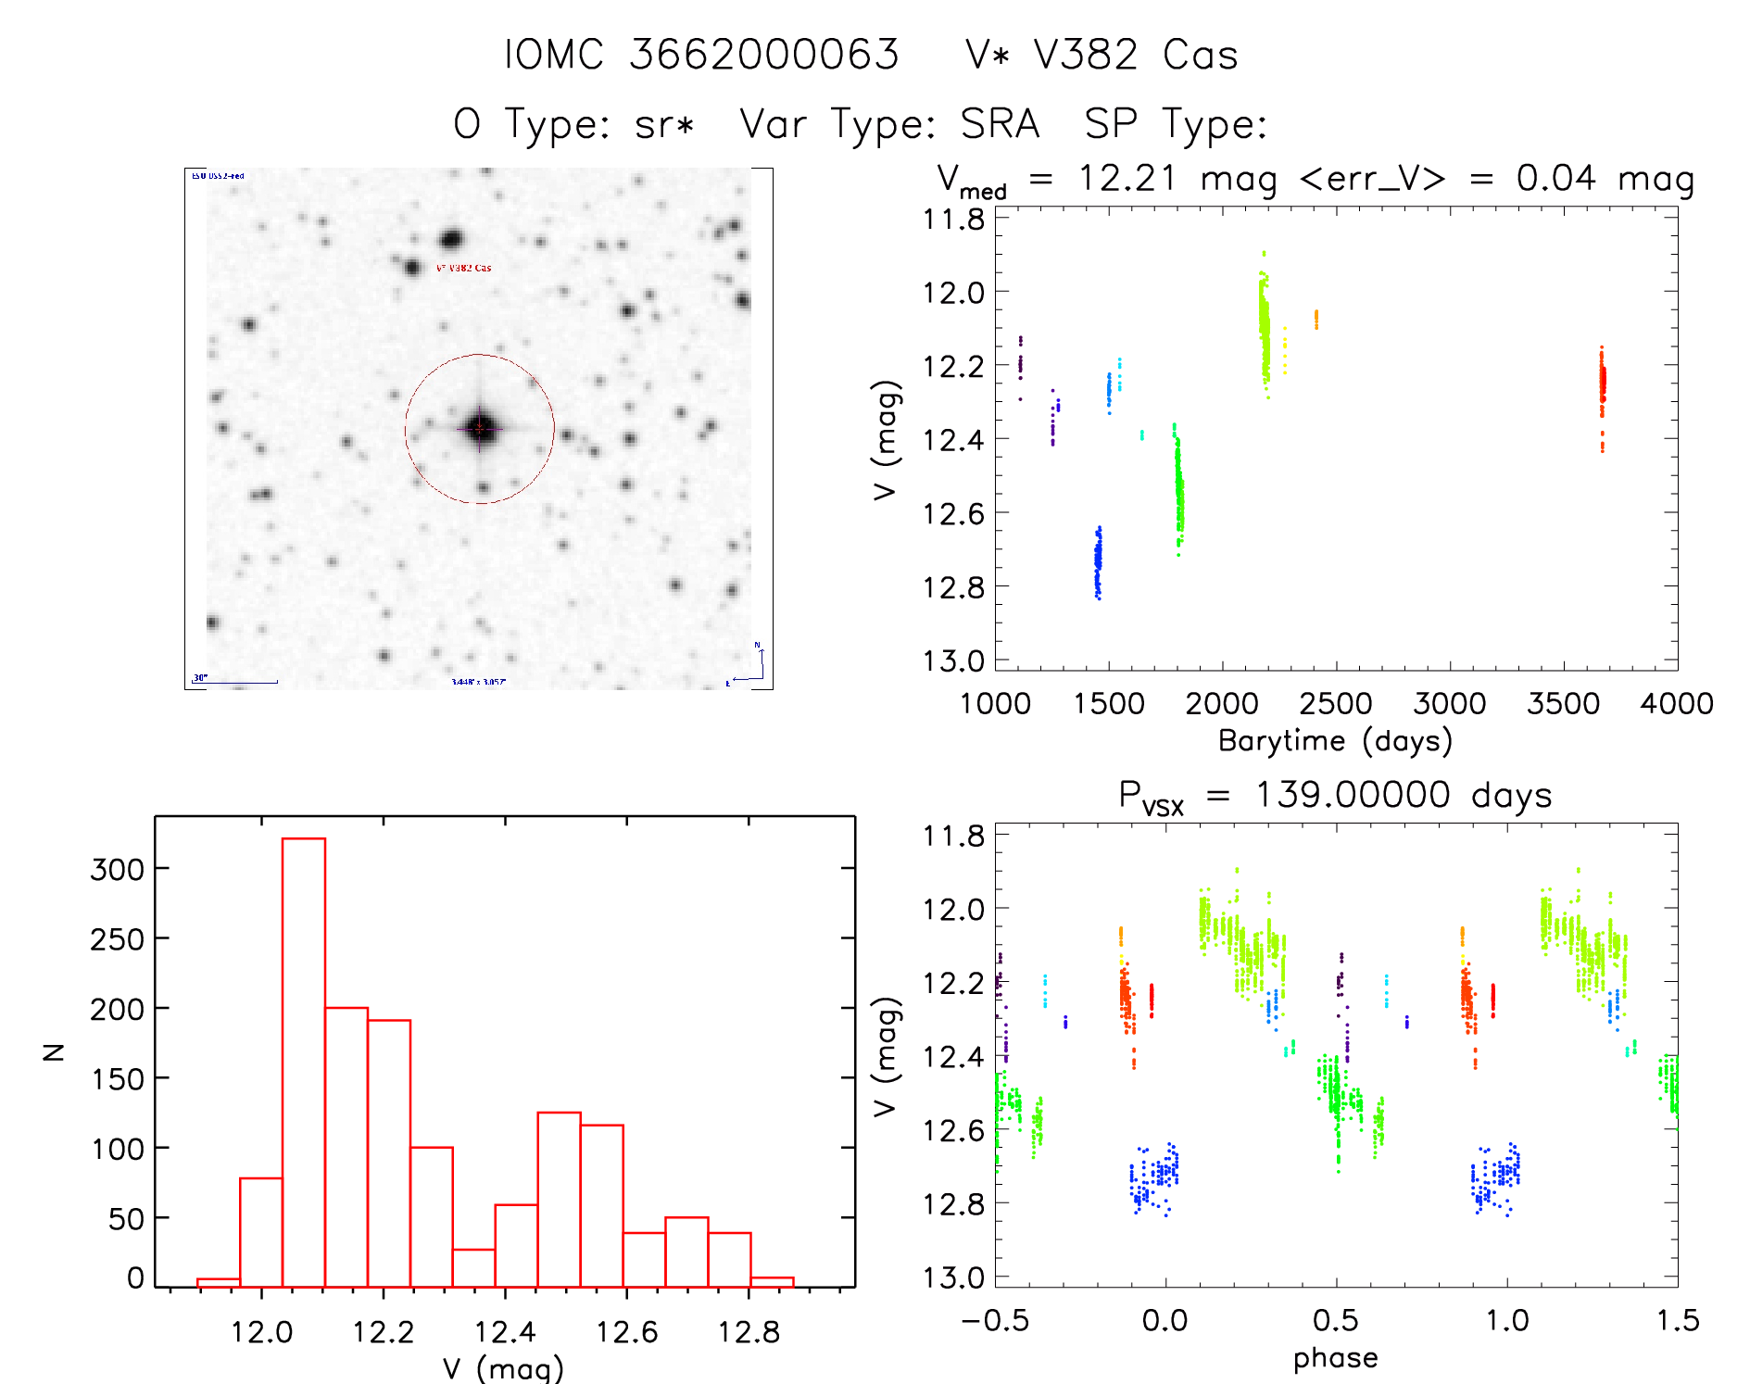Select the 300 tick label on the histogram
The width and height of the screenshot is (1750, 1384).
click(118, 870)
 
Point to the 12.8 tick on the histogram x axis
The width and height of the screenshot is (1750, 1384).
click(749, 1332)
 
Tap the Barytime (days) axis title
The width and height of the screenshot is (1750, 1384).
click(1335, 741)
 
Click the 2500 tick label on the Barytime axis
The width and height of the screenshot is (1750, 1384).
click(1336, 704)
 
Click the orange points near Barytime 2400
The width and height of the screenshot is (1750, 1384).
click(1316, 320)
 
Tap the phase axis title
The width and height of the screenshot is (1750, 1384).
click(1335, 1358)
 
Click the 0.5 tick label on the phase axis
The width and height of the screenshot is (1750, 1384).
click(1336, 1321)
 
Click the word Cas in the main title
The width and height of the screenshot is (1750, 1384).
click(1201, 56)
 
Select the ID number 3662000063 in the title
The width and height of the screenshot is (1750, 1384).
click(764, 56)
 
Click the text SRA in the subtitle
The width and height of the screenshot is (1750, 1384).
click(1000, 124)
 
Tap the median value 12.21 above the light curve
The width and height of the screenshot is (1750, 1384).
click(1127, 178)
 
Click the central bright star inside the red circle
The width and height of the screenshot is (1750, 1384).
click(479, 428)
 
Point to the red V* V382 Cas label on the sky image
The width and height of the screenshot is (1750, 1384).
click(464, 268)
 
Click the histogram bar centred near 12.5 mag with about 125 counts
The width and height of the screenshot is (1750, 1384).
click(560, 1199)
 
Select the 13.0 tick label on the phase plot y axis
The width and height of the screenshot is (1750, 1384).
click(953, 1278)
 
